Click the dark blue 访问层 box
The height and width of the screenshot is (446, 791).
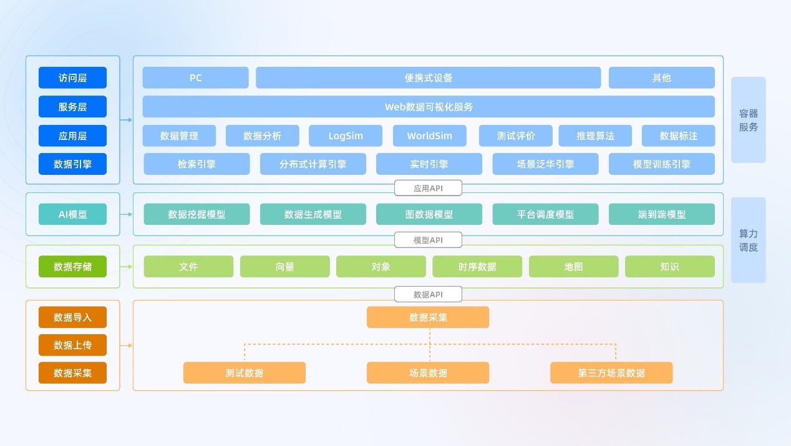point(72,77)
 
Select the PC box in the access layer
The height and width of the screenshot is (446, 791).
point(196,77)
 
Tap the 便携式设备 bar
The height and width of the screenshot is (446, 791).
point(429,77)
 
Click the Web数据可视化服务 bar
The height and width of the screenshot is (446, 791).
point(429,106)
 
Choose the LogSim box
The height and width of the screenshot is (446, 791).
point(346,136)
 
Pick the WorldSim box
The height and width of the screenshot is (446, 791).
point(429,136)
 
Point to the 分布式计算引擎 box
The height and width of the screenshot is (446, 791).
point(313,164)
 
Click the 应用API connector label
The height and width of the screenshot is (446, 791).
point(428,188)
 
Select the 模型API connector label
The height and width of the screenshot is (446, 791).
point(428,240)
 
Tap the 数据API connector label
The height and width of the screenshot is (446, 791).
point(428,294)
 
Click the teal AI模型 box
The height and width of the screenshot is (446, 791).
point(72,214)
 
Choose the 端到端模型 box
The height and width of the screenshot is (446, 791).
point(662,214)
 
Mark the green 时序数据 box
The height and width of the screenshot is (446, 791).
point(477,266)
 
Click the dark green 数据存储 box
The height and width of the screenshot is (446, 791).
point(72,266)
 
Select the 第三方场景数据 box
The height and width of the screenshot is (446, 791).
point(611,372)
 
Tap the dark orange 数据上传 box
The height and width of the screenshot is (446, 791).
point(72,345)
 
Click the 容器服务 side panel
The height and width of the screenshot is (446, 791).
point(749,120)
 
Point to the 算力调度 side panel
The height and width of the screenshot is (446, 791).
point(749,240)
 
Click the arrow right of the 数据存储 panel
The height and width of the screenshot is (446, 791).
point(126,267)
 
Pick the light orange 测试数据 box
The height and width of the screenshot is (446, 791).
point(245,372)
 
